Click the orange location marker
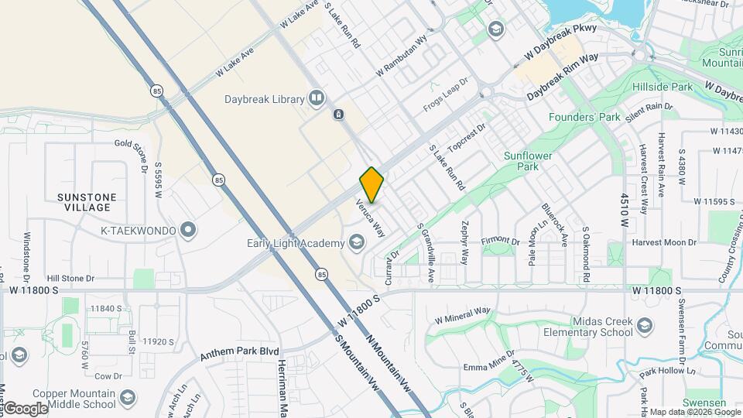[371, 184]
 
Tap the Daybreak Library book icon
[316, 98]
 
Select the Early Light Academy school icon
[356, 244]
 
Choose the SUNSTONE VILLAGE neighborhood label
[87, 202]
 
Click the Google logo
[26, 408]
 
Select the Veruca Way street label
[370, 218]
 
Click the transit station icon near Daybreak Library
[338, 115]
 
